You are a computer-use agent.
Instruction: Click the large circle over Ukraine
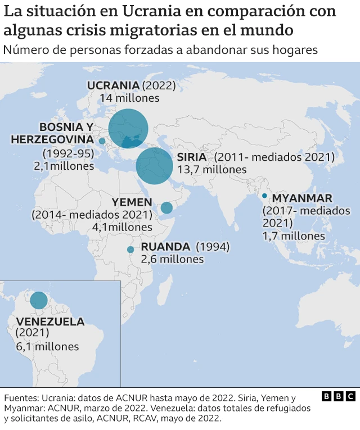point(128,128)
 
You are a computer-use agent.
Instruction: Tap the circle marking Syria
point(154,166)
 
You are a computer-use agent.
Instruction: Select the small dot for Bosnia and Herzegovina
point(102,141)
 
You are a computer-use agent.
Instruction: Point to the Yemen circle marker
point(166,208)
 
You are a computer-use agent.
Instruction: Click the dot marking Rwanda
point(130,250)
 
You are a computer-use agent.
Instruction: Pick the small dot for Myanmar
point(264,196)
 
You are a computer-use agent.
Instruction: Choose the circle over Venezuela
point(39,300)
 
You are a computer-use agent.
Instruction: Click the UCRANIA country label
point(112,85)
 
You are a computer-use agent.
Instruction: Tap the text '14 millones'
point(129,98)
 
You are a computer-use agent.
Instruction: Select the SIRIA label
point(191,157)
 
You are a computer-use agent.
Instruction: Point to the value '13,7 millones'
point(211,169)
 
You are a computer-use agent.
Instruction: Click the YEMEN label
point(132,202)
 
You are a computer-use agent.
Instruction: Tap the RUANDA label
point(165,247)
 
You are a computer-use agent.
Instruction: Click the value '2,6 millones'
point(172,259)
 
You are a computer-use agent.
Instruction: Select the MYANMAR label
point(302,198)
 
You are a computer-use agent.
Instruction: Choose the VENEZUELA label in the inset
point(51,322)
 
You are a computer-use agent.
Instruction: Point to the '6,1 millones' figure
point(48,347)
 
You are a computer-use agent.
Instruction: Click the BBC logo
point(339,396)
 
